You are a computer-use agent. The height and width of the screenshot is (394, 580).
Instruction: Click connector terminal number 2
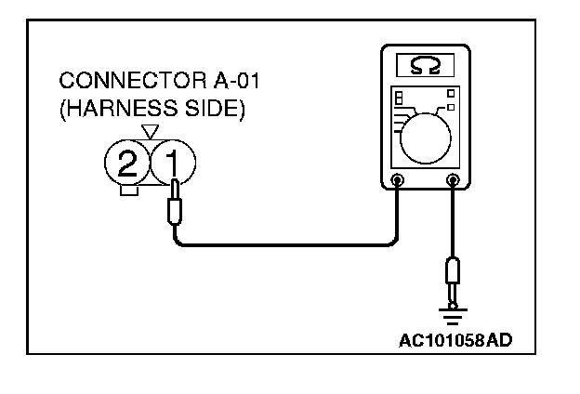coord(128,165)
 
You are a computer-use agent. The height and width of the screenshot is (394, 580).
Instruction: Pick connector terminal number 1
coord(173,165)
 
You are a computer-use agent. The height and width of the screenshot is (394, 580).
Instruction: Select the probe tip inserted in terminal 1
coord(174,209)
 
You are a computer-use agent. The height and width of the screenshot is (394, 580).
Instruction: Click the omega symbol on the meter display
coord(428,66)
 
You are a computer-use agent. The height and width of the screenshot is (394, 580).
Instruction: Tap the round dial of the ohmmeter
coord(426,136)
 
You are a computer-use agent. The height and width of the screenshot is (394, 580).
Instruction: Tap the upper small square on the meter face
coord(450,93)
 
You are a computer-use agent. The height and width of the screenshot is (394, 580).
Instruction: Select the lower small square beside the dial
coord(450,109)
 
